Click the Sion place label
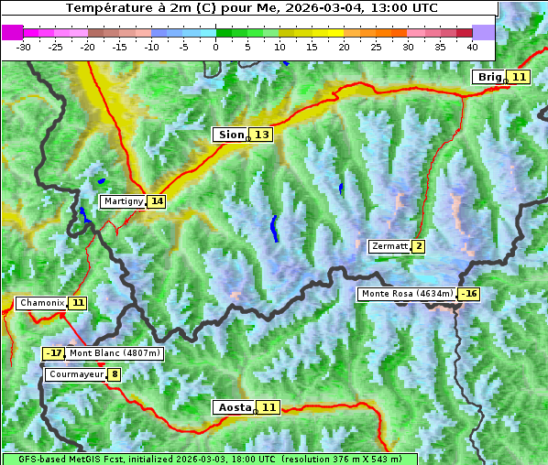(x=231, y=135)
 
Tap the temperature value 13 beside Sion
(x=262, y=135)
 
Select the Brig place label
(x=489, y=77)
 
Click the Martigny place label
(x=123, y=200)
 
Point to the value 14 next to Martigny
(x=157, y=200)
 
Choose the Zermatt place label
(x=389, y=246)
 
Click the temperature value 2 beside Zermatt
(x=419, y=246)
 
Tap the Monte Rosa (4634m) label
(x=407, y=294)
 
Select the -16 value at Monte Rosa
(x=469, y=294)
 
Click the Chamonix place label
(x=41, y=302)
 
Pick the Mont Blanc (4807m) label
(x=115, y=353)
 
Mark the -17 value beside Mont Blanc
(x=54, y=353)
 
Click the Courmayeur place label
(x=75, y=374)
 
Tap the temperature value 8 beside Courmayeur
(x=114, y=374)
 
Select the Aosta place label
(x=233, y=407)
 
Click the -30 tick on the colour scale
(x=24, y=46)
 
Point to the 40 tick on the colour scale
(x=472, y=46)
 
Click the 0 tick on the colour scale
(x=215, y=46)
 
